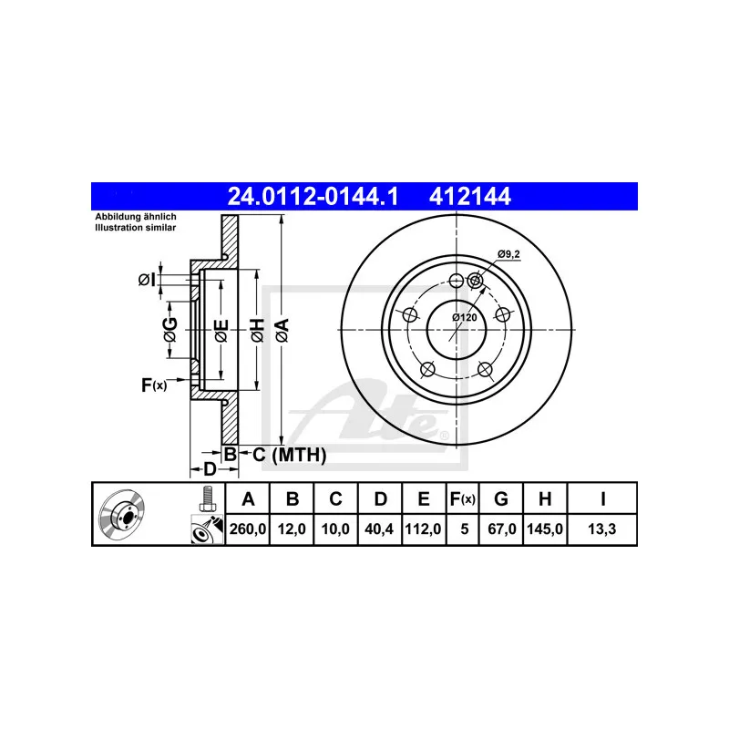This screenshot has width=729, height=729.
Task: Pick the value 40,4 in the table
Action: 381,527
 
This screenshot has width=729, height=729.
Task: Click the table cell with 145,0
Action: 544,527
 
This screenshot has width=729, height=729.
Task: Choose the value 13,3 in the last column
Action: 602,527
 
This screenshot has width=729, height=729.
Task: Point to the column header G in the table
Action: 500,498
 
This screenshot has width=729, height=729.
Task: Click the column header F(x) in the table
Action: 463,498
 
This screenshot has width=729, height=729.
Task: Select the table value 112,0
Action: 424,527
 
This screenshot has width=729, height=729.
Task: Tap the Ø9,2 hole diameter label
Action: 508,254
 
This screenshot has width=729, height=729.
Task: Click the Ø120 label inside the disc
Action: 465,317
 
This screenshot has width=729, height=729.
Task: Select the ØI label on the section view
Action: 146,280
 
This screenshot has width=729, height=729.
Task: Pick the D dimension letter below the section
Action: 209,469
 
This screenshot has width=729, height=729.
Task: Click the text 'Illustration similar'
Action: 136,228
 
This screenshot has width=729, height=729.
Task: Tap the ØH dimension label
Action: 257,330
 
